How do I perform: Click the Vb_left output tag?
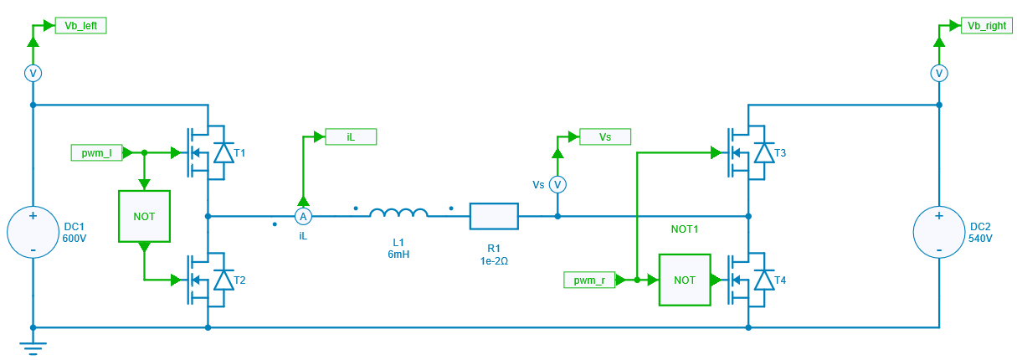80,26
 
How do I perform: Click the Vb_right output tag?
986,26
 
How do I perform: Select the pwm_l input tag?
97,153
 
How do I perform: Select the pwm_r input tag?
589,280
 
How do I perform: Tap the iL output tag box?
351,136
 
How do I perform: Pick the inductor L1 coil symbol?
399,214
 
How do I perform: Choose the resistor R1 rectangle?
494,216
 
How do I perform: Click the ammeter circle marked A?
303,217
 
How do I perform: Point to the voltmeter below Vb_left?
33,74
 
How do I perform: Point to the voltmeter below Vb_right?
938,74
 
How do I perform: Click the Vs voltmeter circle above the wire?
557,183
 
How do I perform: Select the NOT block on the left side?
144,216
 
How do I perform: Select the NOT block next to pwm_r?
684,280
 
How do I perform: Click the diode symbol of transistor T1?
223,153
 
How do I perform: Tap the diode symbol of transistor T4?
763,280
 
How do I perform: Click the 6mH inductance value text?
398,255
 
